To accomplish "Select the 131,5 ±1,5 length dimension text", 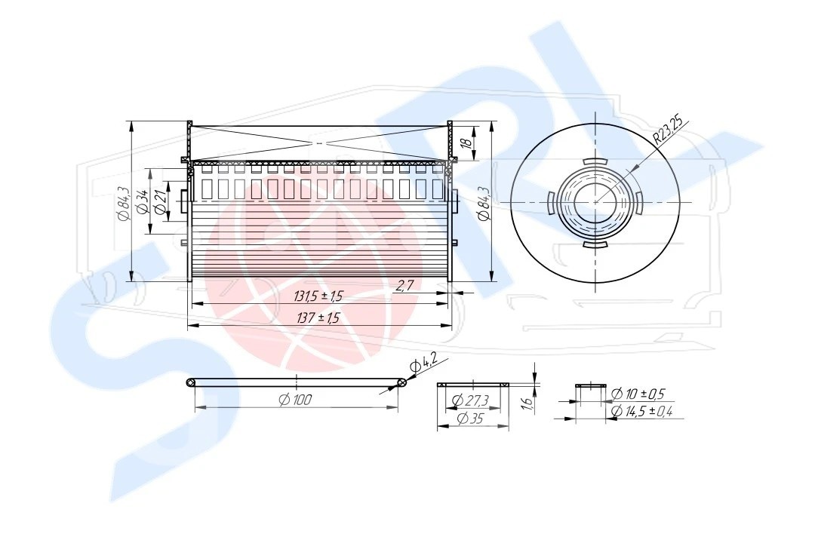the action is tap(318, 296).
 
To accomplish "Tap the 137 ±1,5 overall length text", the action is tap(318, 318).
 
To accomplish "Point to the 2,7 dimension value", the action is tap(405, 285).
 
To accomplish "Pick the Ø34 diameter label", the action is tap(142, 201).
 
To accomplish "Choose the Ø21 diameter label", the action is tap(160, 202).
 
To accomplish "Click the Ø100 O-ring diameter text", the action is tap(295, 400).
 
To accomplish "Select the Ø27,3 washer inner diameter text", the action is tap(470, 400).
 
